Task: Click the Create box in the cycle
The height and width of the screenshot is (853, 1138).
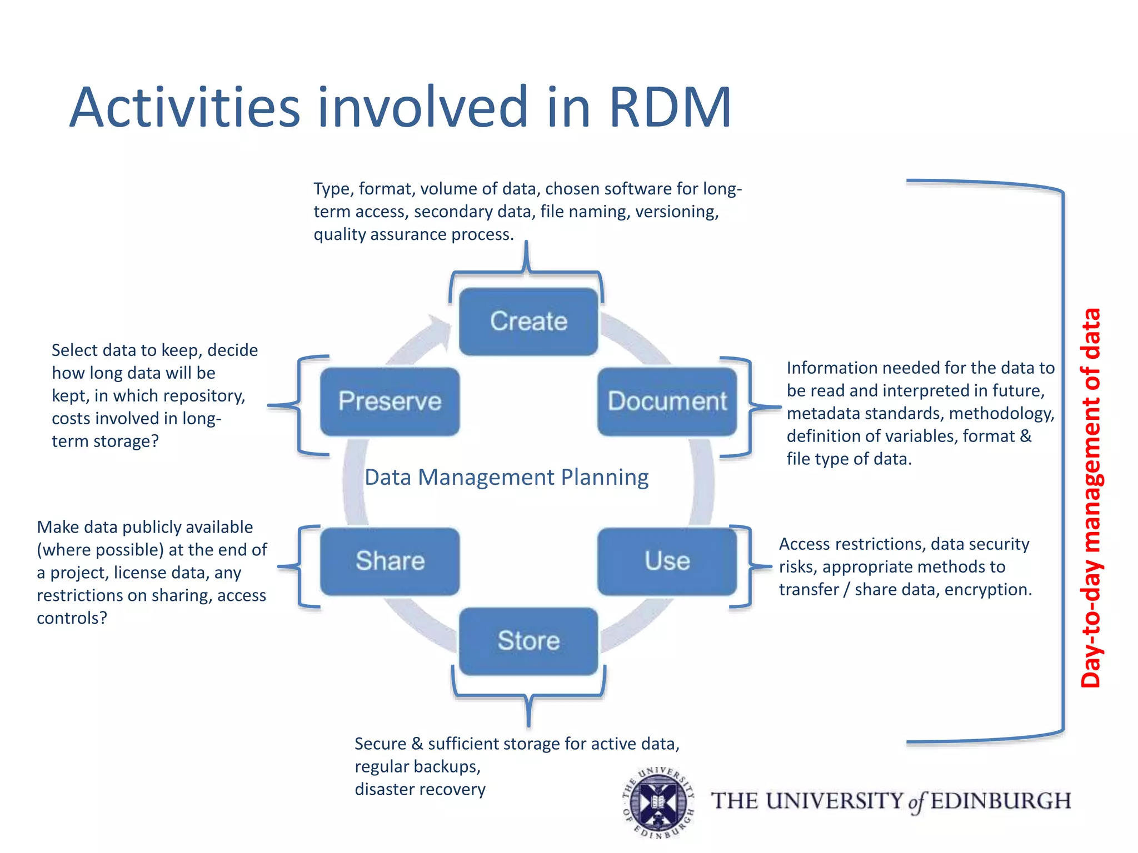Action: (528, 322)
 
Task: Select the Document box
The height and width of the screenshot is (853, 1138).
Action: (667, 402)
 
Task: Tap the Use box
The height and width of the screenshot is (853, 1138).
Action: (667, 561)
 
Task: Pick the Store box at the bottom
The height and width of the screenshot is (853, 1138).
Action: (528, 641)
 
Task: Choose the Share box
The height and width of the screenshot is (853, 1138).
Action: (390, 561)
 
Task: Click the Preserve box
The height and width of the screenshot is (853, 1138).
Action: (390, 402)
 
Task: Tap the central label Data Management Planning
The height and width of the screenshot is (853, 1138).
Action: (506, 478)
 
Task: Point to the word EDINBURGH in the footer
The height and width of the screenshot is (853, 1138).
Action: (1001, 801)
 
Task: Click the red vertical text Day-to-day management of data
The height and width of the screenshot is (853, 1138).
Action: (1091, 498)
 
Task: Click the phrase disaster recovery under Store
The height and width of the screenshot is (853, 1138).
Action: (420, 789)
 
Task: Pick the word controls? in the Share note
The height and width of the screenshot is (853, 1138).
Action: (72, 618)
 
